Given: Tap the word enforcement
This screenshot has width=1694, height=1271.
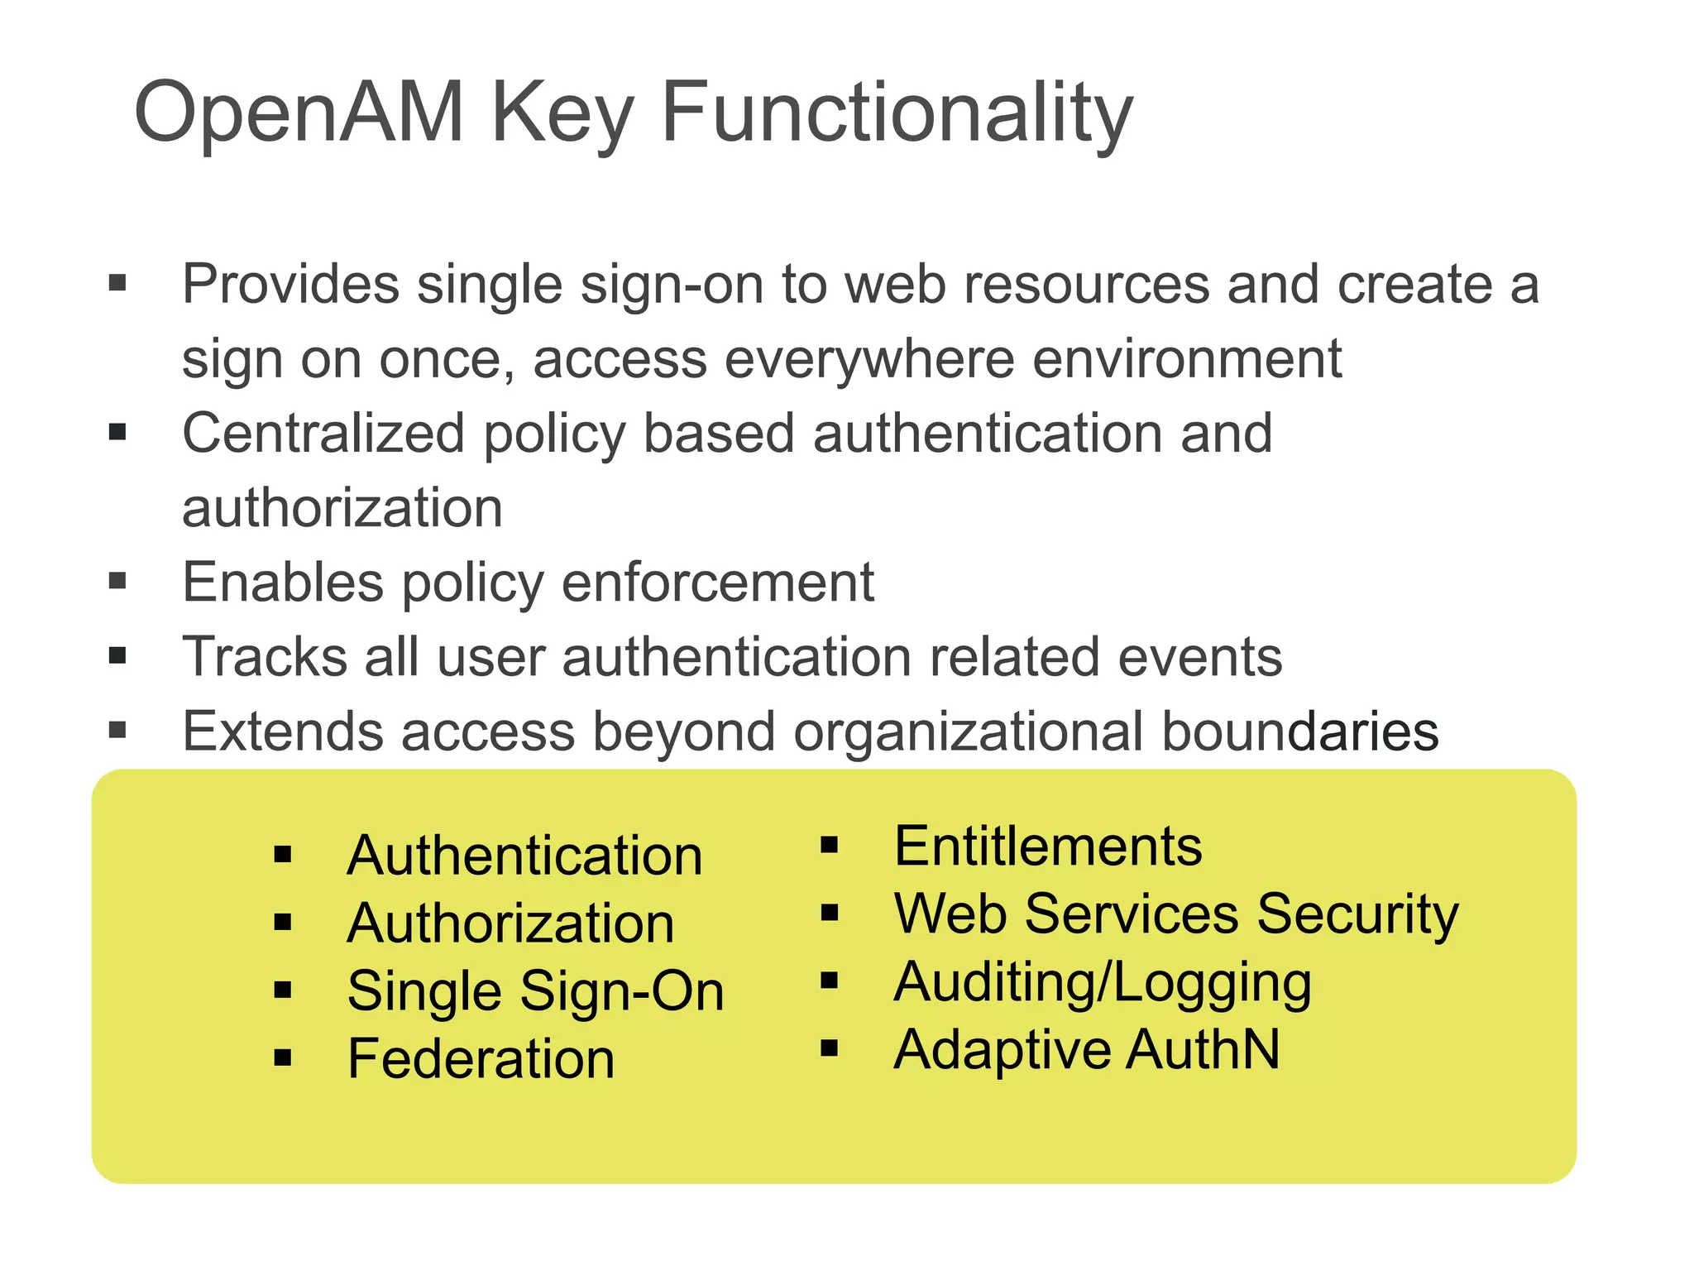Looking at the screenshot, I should click(717, 582).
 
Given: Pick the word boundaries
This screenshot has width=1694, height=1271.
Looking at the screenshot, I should click(1300, 731).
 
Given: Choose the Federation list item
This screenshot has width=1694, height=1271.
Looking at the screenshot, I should click(481, 1058).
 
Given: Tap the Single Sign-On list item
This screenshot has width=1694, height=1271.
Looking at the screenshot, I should click(535, 990).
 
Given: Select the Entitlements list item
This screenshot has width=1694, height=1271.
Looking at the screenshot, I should click(1047, 847).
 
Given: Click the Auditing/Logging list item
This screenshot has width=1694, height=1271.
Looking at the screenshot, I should click(1102, 982).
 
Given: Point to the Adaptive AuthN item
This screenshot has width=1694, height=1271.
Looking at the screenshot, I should click(1086, 1049).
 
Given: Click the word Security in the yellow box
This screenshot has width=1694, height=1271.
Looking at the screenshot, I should click(1357, 914).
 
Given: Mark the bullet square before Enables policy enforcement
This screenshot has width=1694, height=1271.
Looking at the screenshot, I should click(117, 581).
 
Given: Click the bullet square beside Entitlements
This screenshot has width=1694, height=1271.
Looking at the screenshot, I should click(830, 846).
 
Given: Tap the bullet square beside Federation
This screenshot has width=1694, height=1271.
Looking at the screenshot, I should click(283, 1058).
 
